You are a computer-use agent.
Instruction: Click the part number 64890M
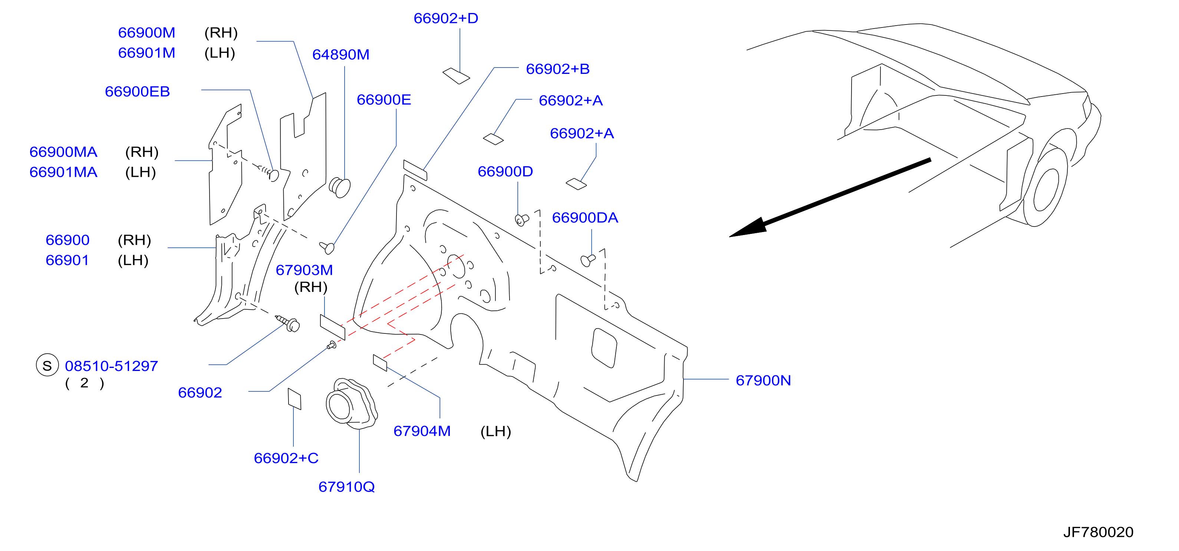[340, 55]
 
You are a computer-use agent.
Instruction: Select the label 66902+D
[446, 18]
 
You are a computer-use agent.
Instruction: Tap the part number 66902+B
[557, 69]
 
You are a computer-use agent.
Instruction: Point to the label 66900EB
[137, 92]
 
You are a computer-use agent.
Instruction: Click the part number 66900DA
[585, 218]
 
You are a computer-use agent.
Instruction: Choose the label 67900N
[763, 380]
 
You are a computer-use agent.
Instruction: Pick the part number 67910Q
[346, 486]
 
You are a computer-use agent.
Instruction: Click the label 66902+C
[286, 458]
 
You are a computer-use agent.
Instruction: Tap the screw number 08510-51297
[111, 366]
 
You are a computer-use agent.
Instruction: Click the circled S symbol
[47, 365]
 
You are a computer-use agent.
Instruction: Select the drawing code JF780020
[1098, 532]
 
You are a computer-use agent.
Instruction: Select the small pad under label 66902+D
[456, 76]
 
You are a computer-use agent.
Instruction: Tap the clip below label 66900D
[522, 220]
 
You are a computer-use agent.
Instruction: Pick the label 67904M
[422, 431]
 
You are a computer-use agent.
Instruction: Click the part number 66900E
[383, 100]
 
